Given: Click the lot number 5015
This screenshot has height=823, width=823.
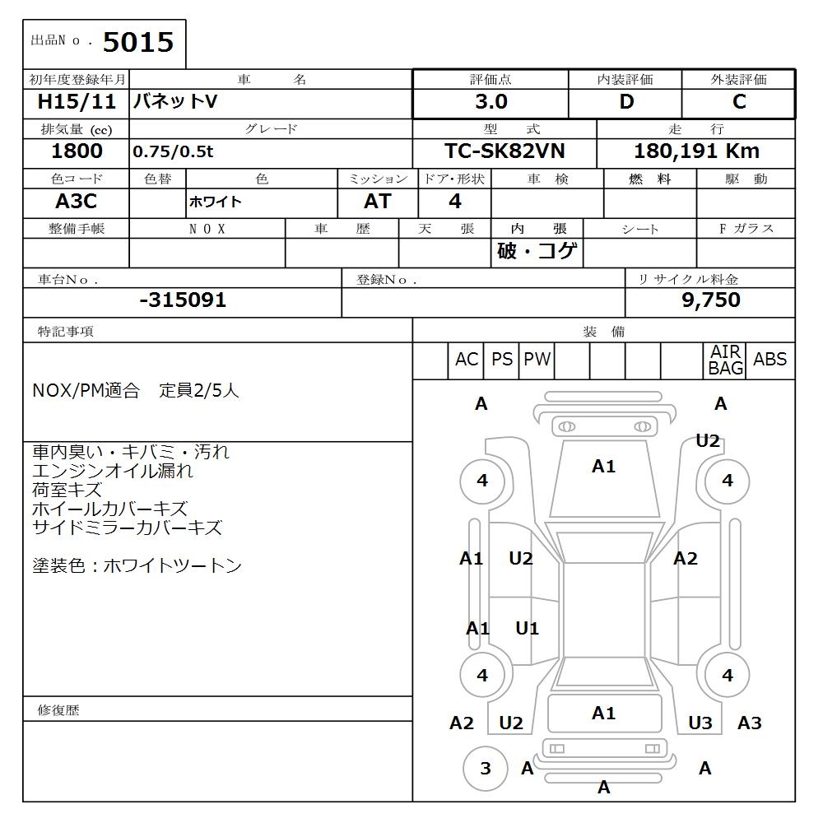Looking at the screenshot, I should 137,43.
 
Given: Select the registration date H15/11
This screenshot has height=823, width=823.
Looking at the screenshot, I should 77,102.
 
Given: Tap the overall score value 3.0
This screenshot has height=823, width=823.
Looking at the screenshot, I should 491,102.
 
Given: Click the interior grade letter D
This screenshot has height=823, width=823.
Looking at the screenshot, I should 626,102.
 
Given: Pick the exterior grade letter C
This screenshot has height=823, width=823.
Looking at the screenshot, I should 739,102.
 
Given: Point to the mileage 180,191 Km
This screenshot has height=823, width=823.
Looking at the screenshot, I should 696,151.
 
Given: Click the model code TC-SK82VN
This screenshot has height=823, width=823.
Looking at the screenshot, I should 504,151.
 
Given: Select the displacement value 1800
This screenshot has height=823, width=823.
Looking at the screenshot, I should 77,151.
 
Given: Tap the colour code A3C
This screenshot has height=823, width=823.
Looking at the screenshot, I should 77,202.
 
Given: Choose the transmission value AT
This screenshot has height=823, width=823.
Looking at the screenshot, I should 378,202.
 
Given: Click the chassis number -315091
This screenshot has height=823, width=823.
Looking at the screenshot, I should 183,300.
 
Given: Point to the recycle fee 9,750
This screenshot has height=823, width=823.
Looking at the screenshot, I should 711,300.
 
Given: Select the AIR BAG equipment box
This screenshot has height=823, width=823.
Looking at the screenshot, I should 726,360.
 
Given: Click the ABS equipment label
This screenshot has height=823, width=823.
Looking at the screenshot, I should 770,360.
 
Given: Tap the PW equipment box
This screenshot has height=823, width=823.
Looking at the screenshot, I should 537,360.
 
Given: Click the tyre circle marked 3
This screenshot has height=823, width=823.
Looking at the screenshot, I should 485,768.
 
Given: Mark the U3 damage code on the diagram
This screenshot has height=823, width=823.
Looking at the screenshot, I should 700,723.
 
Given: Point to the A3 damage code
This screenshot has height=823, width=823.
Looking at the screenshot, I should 749,723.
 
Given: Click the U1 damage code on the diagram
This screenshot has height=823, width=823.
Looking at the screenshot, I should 527,629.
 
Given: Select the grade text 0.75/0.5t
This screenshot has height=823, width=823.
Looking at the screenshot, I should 173,152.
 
